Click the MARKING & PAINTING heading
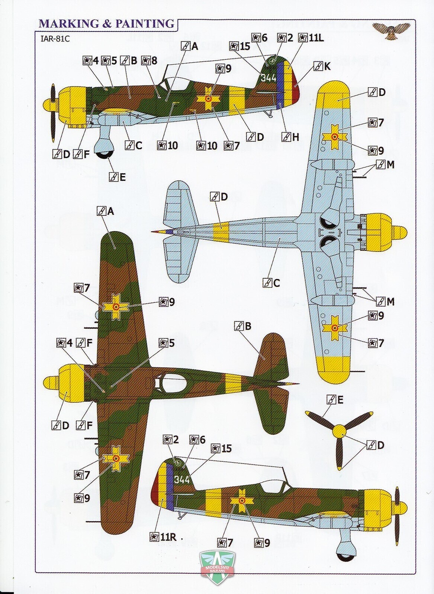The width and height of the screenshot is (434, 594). pos(106,24)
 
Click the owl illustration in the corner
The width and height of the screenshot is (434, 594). pos(391,30)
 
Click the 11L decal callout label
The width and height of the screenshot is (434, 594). pos(311,38)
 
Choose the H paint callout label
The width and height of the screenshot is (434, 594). pos(290,137)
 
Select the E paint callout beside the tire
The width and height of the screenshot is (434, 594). pos(117,177)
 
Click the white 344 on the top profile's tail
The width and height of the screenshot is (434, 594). pos(269,78)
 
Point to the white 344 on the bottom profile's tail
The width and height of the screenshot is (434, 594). pos(182,480)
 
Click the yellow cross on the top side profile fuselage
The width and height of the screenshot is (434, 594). pos(209,99)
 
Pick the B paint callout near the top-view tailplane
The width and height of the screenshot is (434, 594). pos(243,327)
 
